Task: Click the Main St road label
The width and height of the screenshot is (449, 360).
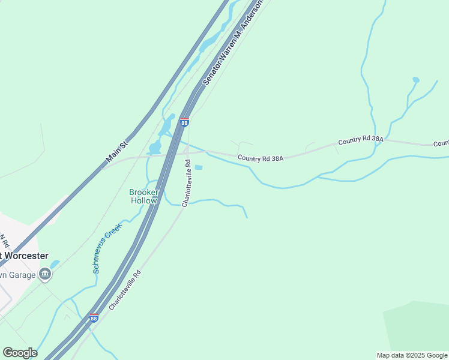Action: pyautogui.click(x=117, y=152)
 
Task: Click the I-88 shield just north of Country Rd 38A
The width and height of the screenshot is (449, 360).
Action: pyautogui.click(x=184, y=122)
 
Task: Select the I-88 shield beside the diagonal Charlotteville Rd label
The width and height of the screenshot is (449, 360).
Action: pyautogui.click(x=94, y=317)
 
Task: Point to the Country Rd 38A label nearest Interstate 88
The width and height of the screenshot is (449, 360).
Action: pyautogui.click(x=260, y=158)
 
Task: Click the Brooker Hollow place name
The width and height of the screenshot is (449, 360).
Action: pyautogui.click(x=144, y=196)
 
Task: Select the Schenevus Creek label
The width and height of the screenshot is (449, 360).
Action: pyautogui.click(x=107, y=248)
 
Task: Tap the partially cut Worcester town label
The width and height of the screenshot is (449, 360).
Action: pyautogui.click(x=24, y=256)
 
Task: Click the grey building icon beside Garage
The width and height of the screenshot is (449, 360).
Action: pyautogui.click(x=44, y=274)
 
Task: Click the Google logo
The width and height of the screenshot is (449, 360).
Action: pyautogui.click(x=20, y=353)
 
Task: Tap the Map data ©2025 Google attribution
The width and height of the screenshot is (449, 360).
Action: pyautogui.click(x=412, y=355)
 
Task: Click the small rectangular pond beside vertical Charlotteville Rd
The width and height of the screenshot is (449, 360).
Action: pyautogui.click(x=199, y=167)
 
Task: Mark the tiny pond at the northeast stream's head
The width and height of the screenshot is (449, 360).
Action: pyautogui.click(x=415, y=79)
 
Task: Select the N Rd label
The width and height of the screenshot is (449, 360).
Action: pyautogui.click(x=5, y=242)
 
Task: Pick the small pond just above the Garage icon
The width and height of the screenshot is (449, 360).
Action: pyautogui.click(x=55, y=264)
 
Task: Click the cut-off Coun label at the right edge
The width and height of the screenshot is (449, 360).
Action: pyautogui.click(x=441, y=143)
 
